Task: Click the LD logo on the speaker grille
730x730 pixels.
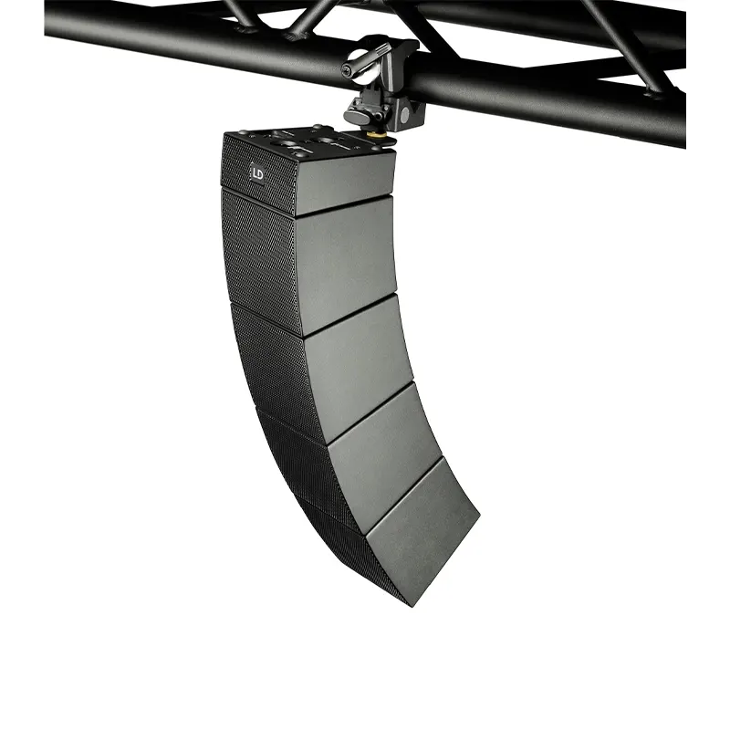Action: pyautogui.click(x=257, y=170)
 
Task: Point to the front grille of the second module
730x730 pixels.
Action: pyautogui.click(x=260, y=255)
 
